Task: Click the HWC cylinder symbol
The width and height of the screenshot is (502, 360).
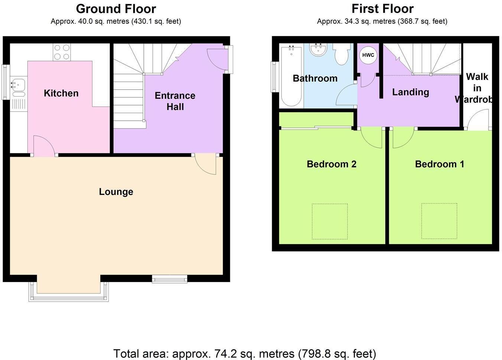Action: coord(368,55)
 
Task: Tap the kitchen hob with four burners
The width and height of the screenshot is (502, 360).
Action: coord(62,52)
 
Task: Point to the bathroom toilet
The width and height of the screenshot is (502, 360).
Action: coord(341,54)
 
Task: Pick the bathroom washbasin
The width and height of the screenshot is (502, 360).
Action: coord(318,50)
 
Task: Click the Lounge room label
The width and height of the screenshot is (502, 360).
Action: coord(116,192)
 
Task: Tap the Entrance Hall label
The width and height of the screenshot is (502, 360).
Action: coord(175,101)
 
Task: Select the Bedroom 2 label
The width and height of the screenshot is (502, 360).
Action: coord(331,164)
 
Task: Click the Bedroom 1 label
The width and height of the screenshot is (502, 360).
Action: coord(439,164)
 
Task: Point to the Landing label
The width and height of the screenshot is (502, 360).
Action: coord(410,92)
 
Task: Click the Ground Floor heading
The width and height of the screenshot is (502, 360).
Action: coord(116,9)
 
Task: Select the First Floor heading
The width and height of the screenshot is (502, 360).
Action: coord(382,9)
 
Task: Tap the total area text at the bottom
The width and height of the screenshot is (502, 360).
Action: coord(244,353)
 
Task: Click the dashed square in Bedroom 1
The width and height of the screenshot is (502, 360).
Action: coord(439,221)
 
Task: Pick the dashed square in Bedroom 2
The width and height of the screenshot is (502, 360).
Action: coord(330,221)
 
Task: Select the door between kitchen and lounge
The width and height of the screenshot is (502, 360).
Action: coord(44,146)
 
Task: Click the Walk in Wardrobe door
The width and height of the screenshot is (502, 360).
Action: coord(478,120)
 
